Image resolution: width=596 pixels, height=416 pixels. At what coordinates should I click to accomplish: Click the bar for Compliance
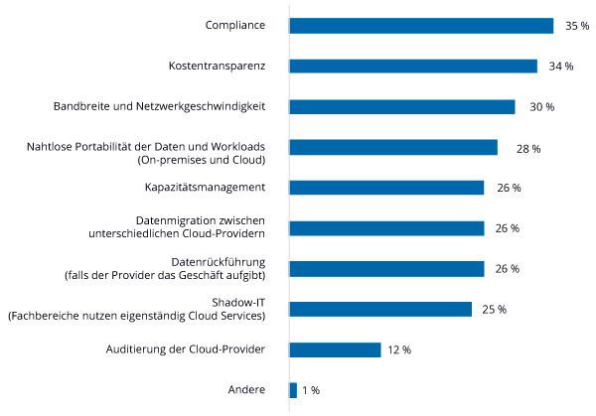[421, 26]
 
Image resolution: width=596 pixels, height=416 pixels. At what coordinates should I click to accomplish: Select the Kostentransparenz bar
[413, 67]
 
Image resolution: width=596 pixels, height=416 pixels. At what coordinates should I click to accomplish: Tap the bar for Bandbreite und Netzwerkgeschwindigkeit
[402, 106]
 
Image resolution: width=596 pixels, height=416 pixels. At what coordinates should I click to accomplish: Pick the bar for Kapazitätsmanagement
[386, 188]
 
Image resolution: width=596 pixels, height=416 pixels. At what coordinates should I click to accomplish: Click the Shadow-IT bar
[380, 309]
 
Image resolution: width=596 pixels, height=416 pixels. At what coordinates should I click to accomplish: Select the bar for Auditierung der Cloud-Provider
[335, 349]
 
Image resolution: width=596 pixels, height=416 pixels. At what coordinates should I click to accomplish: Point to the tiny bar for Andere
[293, 390]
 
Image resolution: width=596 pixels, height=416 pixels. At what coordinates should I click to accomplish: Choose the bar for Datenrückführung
[386, 269]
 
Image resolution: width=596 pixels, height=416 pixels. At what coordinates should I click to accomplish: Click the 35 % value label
[577, 26]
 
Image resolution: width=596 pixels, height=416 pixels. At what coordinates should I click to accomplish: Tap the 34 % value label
[561, 67]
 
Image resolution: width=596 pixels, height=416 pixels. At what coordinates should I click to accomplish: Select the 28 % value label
[528, 148]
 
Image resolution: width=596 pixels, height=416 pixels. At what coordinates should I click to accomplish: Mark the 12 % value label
[399, 349]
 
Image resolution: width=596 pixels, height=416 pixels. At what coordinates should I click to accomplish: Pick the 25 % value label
[495, 310]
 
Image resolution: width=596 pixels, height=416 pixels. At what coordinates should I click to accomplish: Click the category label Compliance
[234, 26]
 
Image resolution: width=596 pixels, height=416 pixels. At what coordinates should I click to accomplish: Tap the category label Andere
[246, 390]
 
